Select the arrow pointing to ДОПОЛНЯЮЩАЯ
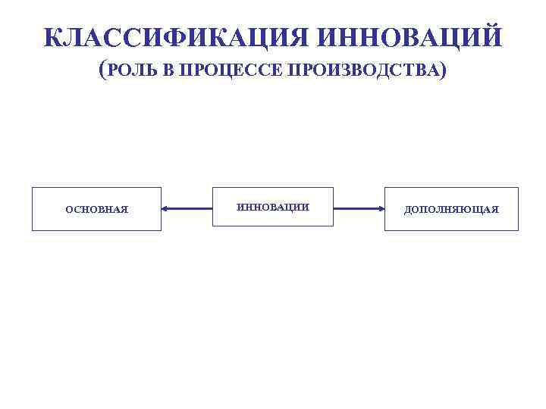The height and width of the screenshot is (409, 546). (x=359, y=208)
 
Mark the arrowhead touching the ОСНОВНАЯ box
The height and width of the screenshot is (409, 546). (x=166, y=208)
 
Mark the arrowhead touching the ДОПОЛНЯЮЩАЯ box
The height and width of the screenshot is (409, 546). (x=380, y=208)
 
